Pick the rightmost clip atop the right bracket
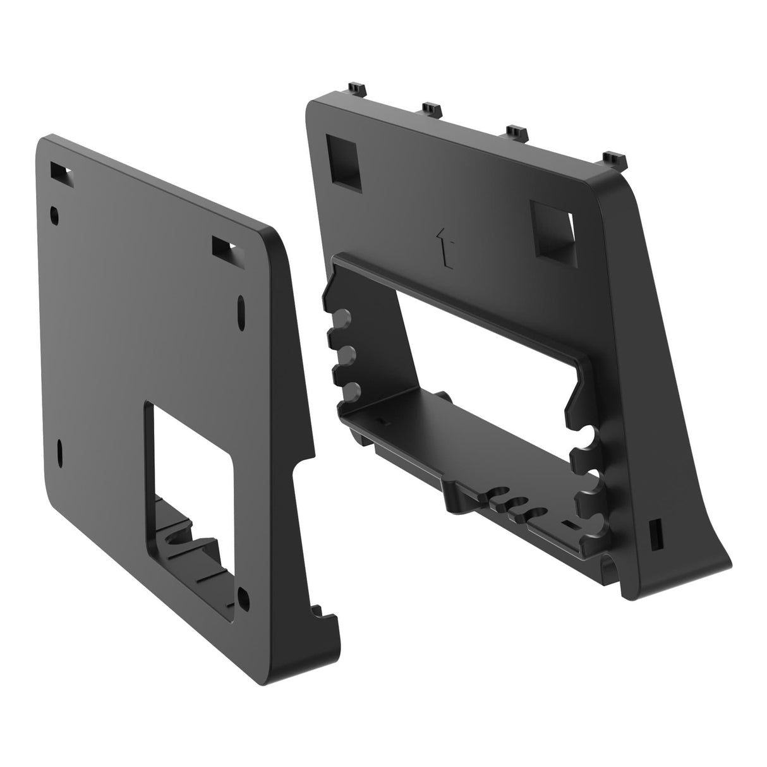click(612, 159)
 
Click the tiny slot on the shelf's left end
click(381, 420)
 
